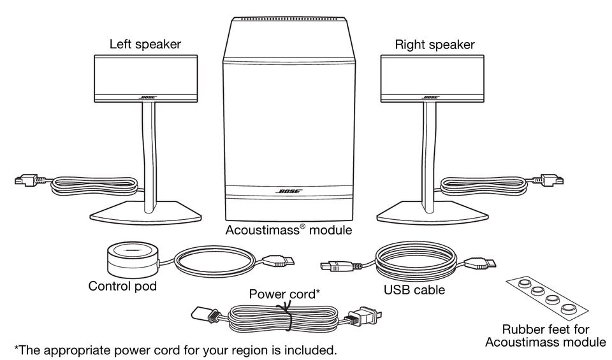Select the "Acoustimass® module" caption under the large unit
point(288,230)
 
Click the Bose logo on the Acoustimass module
point(288,191)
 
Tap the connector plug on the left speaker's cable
point(27,182)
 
